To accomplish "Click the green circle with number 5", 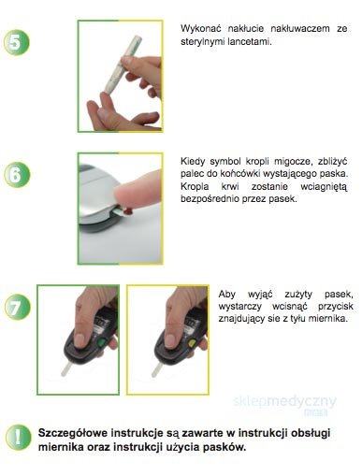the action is (x=17, y=42).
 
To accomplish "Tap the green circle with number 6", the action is (x=17, y=175).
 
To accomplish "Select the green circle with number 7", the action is (x=18, y=307).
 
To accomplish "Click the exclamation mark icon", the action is (x=18, y=437).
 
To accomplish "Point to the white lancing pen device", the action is (x=123, y=65).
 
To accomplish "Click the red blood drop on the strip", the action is (x=128, y=212).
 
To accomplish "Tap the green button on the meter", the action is (x=101, y=343).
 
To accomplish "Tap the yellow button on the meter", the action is (x=192, y=343).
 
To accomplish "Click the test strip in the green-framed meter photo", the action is (x=66, y=368).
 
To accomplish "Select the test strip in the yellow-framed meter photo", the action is (x=157, y=369).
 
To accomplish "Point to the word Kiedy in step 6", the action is (x=192, y=162).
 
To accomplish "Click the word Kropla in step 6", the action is (x=195, y=187).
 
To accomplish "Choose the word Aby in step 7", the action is (x=226, y=295).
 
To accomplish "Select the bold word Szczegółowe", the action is (x=73, y=433).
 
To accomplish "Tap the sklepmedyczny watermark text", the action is (x=285, y=402).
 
